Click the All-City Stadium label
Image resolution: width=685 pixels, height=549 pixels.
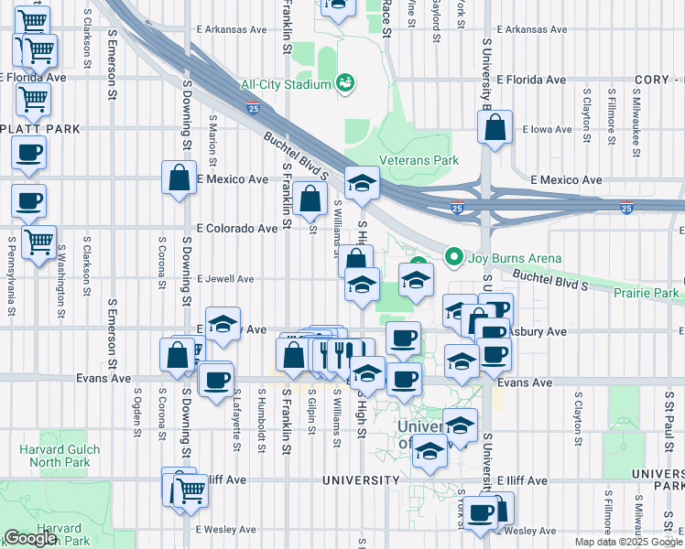pyautogui.click(x=285, y=85)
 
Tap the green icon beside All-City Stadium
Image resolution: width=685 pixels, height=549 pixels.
pyautogui.click(x=346, y=85)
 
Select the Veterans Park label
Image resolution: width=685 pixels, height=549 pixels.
pyautogui.click(x=420, y=160)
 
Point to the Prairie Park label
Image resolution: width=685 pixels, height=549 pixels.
pyautogui.click(x=648, y=293)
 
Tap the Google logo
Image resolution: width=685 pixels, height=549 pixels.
pyautogui.click(x=30, y=538)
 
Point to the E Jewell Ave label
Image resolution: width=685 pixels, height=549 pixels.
pyautogui.click(x=224, y=279)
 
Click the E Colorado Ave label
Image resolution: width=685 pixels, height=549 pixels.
pyautogui.click(x=236, y=228)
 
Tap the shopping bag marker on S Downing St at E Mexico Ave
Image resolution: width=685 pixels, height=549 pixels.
pyautogui.click(x=179, y=178)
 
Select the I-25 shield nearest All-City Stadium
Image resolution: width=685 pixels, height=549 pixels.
pyautogui.click(x=253, y=109)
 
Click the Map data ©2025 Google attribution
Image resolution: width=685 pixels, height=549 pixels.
pyautogui.click(x=627, y=542)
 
